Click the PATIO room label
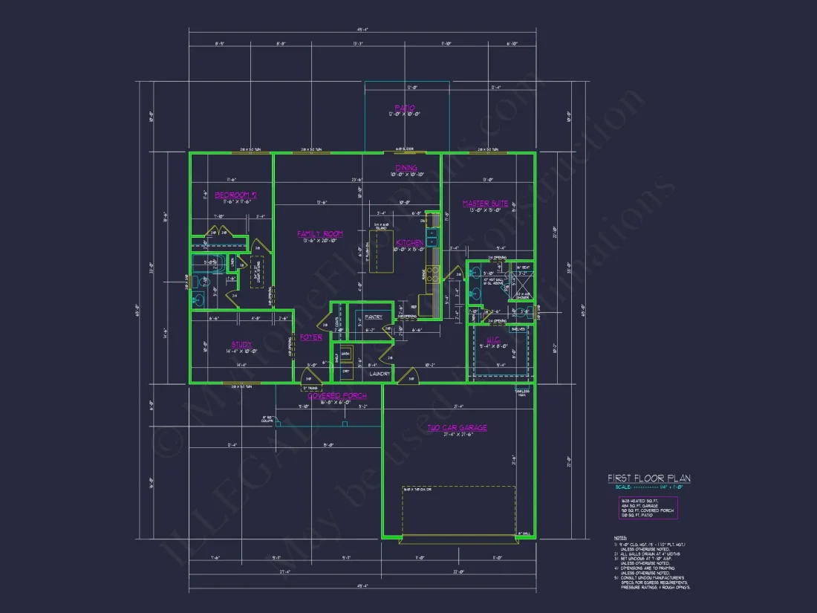[x=405, y=108]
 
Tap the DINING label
[x=406, y=168]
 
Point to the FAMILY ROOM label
[x=319, y=234]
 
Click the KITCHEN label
[x=410, y=243]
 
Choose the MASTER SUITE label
[x=485, y=203]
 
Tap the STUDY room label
[x=241, y=344]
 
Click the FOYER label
[x=311, y=337]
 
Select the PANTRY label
[x=374, y=317]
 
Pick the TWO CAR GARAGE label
[x=457, y=428]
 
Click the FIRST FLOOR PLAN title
[x=648, y=479]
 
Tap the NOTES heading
[x=620, y=537]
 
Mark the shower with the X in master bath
[x=523, y=283]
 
